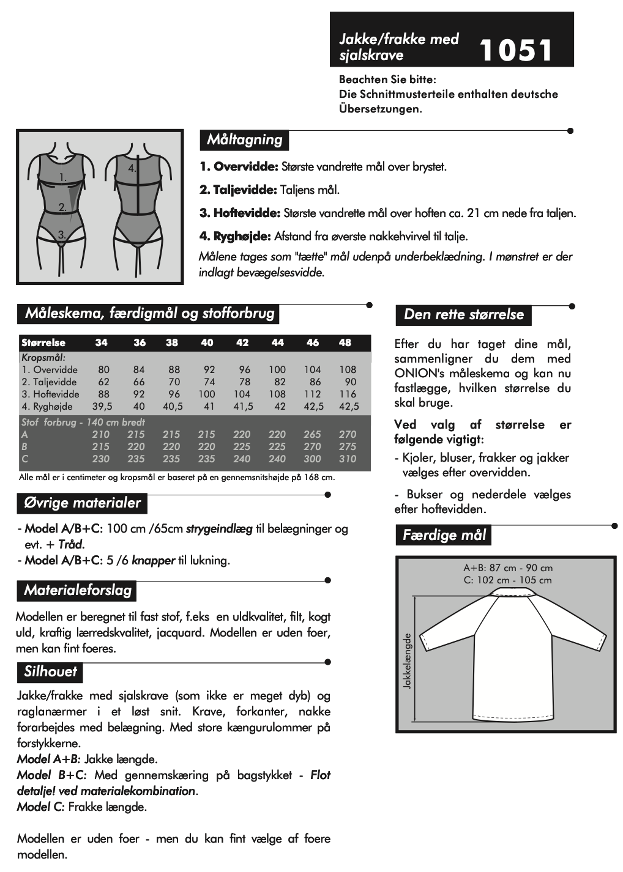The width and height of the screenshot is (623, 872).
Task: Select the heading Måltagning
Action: click(244, 139)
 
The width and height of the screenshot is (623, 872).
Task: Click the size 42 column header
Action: click(242, 342)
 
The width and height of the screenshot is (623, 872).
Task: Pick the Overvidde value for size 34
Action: click(103, 369)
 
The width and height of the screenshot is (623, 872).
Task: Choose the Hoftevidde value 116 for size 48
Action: click(348, 394)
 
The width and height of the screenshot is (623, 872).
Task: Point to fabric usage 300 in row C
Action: click(312, 459)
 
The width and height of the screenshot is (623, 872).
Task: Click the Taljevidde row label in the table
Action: click(49, 382)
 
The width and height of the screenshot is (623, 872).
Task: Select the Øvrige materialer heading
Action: click(82, 503)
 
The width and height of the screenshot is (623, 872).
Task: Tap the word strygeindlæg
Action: click(219, 528)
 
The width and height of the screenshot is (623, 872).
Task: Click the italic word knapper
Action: click(154, 560)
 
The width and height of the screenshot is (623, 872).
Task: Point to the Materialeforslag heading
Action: click(77, 590)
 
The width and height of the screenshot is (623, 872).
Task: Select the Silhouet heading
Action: click(50, 671)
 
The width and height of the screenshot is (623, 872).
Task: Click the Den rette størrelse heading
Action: click(463, 314)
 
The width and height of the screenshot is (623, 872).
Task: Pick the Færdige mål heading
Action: click(444, 535)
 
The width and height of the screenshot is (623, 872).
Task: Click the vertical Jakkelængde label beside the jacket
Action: click(408, 661)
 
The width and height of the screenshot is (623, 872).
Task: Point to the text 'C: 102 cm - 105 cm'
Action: click(507, 580)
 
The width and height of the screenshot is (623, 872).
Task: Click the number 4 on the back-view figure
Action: click(132, 168)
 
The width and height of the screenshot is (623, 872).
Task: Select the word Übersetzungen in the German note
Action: click(379, 109)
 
